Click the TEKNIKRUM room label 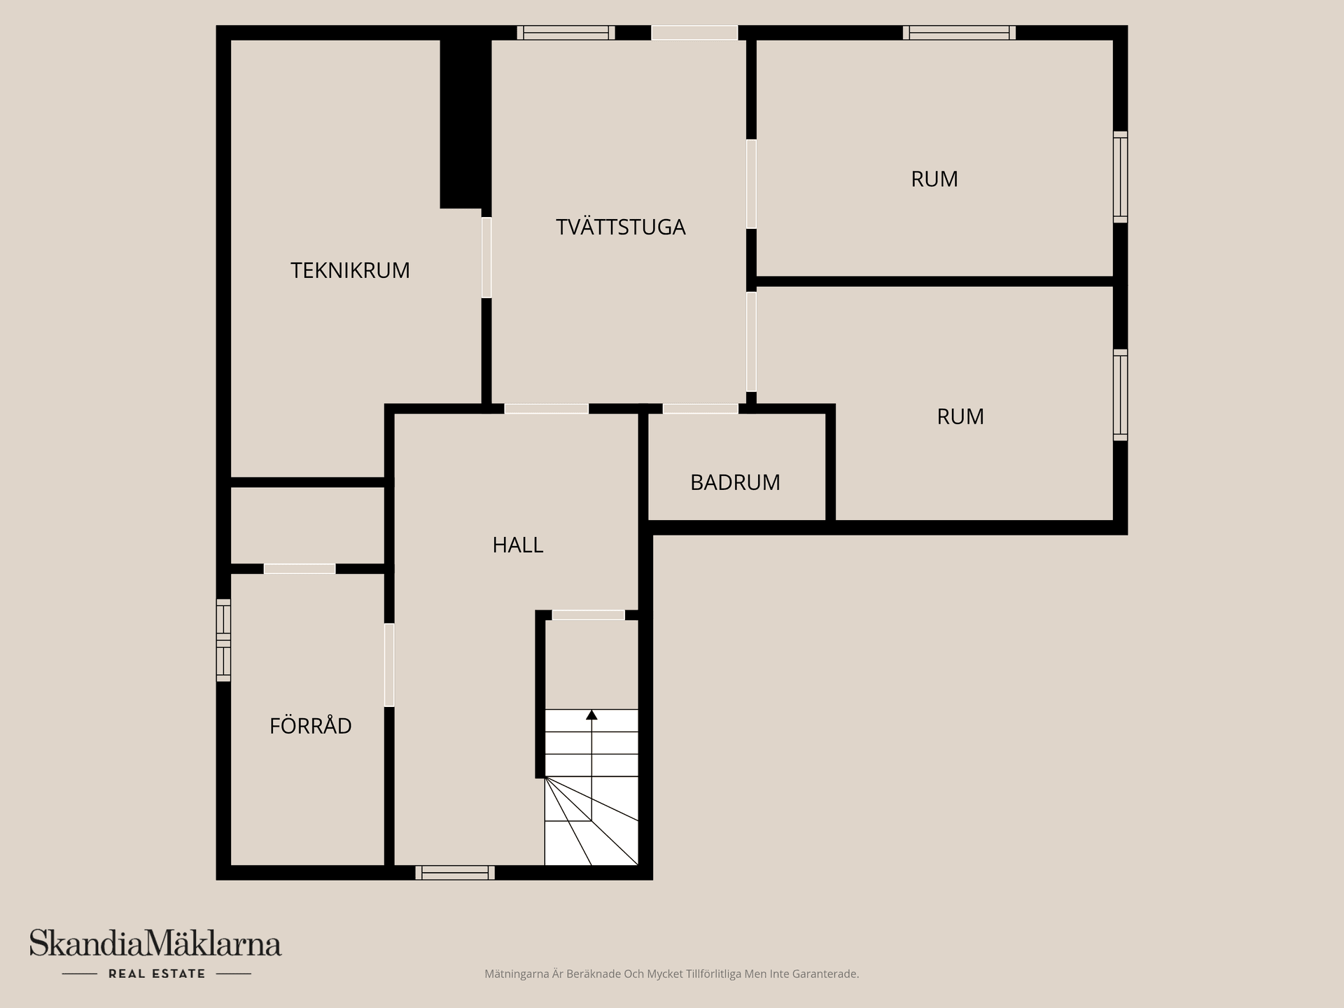coord(350,270)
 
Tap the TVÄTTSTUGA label coord(620,227)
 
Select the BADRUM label coord(735,482)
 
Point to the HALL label coord(517,545)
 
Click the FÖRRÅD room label coord(310,726)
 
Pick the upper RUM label coord(934,179)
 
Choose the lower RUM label coord(960,416)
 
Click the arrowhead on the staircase coord(591,715)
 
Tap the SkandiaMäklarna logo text coord(155,944)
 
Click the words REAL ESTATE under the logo coord(157,974)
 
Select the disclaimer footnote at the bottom coord(671,974)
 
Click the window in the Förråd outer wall coord(223,640)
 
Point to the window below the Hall coord(455,872)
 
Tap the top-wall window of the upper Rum coord(959,32)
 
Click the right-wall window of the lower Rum coord(1120,395)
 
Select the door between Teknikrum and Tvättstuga coord(486,258)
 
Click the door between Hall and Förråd coord(389,665)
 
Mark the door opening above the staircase coord(588,615)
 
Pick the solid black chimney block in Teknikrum coord(464,122)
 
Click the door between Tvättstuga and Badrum coord(700,409)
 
